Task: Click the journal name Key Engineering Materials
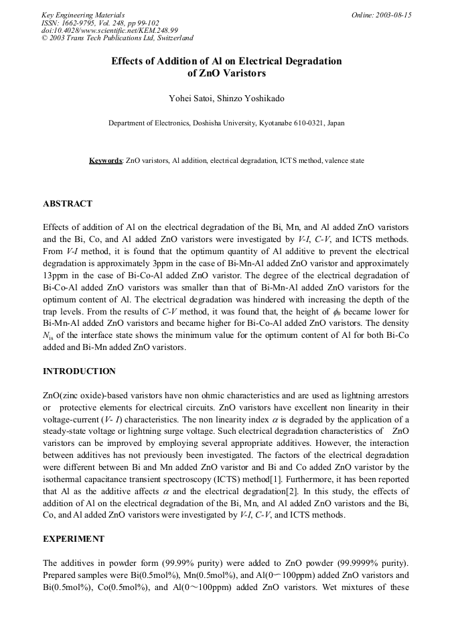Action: [82, 15]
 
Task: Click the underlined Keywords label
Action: [106, 162]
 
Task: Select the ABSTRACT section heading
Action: [68, 204]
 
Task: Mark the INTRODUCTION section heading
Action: [79, 371]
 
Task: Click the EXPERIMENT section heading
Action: [74, 539]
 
